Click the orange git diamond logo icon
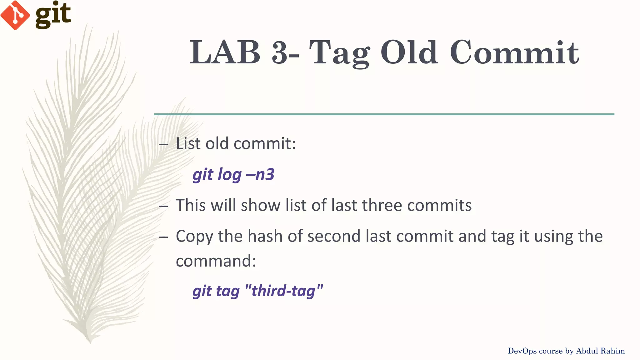coord(15,15)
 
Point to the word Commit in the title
coord(514,52)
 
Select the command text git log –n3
coord(233,174)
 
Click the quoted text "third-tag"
coord(284,291)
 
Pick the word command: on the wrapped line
coord(216,261)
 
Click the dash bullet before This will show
coord(163,206)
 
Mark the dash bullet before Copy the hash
coord(163,237)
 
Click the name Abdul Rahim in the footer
coord(600,351)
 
